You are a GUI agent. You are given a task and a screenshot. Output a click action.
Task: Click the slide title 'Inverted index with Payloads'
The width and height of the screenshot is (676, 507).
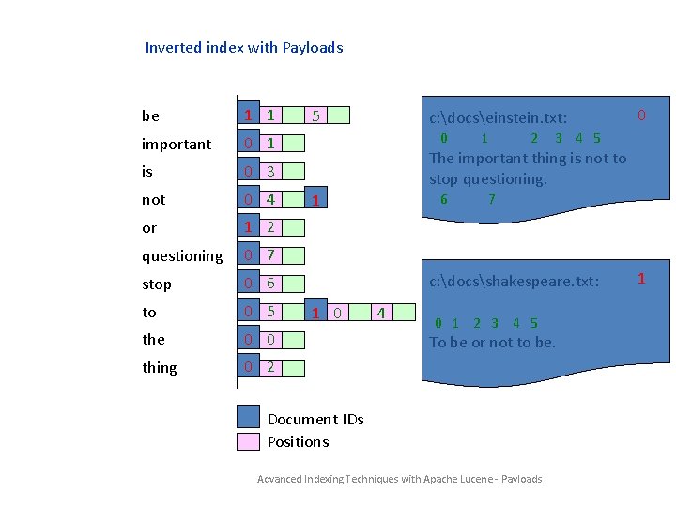coord(244,48)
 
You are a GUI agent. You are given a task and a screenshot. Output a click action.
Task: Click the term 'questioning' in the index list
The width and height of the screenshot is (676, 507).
coord(182,256)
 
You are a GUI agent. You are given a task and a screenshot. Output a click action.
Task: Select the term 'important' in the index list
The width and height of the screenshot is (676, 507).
coord(177,145)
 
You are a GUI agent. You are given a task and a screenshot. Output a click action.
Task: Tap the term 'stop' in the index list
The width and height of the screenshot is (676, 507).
coord(157,284)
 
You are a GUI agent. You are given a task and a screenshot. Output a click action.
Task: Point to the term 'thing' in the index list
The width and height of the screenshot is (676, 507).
coord(160,368)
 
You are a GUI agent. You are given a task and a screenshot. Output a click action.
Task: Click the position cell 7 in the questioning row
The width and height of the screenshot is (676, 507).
coord(270,255)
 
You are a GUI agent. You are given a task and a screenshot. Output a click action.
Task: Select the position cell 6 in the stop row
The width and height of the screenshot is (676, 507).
coord(270,284)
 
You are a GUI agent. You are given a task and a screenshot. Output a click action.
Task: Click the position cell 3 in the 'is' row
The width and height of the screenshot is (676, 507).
coord(270,172)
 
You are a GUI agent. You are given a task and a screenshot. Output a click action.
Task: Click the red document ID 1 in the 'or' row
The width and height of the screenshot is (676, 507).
coord(247,228)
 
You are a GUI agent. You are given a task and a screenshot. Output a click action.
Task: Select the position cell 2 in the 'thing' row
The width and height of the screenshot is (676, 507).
coord(270,367)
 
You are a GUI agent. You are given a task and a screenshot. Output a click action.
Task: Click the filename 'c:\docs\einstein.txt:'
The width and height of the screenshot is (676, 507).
coord(498,119)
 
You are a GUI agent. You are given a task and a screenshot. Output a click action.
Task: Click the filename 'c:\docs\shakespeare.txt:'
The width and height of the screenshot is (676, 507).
coord(514,282)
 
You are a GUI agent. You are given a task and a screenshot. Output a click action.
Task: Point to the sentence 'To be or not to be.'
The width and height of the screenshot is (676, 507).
coord(492,343)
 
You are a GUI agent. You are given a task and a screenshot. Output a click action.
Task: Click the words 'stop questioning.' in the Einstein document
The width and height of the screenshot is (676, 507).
coord(487,179)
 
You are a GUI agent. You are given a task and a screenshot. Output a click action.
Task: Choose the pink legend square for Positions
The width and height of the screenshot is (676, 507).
coord(248,441)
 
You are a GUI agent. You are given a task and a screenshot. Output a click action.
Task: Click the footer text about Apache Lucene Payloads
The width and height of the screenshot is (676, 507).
coord(399,480)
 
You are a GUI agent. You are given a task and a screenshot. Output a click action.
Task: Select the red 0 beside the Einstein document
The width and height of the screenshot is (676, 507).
coord(641,115)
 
